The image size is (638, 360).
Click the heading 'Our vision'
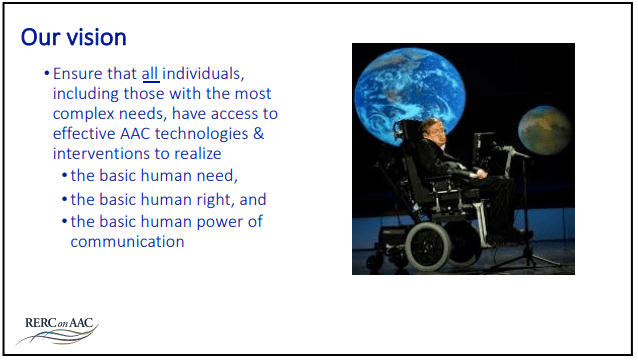click(x=74, y=38)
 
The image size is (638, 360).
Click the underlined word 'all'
click(x=150, y=74)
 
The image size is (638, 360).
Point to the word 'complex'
click(x=85, y=114)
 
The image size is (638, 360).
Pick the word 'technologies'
click(x=200, y=134)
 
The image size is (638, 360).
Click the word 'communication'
click(x=127, y=241)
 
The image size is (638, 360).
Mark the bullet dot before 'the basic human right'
click(x=64, y=200)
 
